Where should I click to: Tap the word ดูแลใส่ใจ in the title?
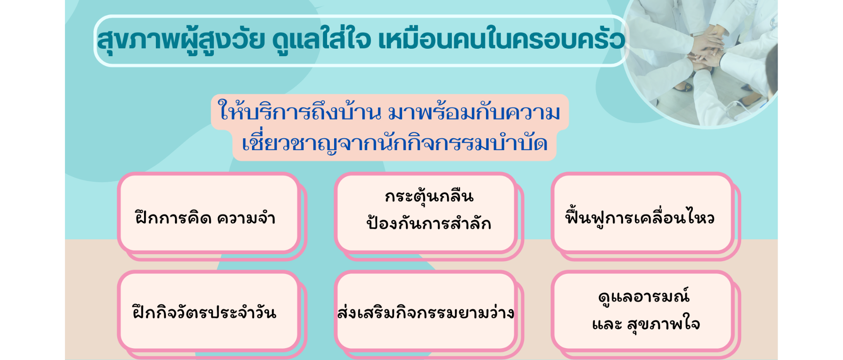tap(321, 40)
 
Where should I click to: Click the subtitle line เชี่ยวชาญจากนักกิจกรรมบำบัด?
tap(395, 142)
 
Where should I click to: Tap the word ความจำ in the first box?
tap(246, 218)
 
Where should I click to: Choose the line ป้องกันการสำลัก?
tap(429, 223)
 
